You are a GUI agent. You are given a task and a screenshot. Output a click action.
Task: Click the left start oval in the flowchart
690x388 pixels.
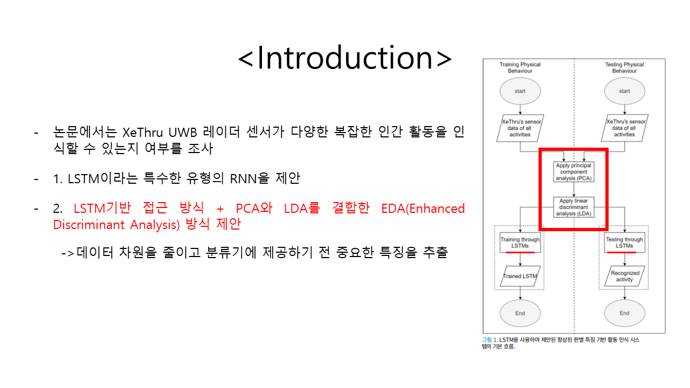520,91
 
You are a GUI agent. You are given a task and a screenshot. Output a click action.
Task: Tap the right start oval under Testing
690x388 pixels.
624,91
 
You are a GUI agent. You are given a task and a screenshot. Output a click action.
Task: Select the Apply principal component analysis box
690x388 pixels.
574,172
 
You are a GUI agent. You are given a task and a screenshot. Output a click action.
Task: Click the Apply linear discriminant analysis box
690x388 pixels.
574,207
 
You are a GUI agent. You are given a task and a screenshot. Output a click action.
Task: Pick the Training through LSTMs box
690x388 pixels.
520,242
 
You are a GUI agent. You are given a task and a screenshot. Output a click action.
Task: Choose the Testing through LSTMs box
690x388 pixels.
624,242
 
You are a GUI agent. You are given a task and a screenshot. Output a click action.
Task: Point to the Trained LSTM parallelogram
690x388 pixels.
520,276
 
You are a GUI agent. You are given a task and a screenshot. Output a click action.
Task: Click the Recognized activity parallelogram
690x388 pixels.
624,276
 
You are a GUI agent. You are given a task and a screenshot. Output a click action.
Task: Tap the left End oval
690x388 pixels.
520,313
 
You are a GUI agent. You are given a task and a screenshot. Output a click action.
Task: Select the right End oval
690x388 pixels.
624,313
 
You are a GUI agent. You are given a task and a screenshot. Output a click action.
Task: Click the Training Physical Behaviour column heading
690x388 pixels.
520,67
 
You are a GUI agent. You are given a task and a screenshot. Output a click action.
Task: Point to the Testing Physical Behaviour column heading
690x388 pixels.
624,67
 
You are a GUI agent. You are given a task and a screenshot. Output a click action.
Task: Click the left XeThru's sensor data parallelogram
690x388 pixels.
520,128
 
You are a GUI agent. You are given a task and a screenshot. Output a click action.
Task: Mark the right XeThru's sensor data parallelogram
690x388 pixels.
624,128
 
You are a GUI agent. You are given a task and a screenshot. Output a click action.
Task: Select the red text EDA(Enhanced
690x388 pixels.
423,209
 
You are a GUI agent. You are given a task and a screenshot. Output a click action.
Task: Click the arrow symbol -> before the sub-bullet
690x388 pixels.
68,253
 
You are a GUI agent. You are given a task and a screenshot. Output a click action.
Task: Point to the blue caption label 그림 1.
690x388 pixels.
489,340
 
